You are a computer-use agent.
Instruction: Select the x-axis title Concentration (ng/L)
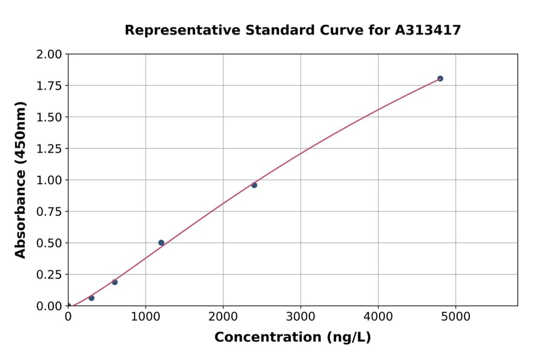tap(292, 337)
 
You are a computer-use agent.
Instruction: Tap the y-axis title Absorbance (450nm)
tap(21, 180)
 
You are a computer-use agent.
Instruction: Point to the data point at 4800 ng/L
tap(440, 79)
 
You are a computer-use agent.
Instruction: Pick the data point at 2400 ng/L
tap(254, 185)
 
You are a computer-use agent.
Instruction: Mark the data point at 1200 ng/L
tap(161, 242)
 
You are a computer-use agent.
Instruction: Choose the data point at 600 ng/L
tap(114, 282)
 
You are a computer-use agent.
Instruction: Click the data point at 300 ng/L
tap(91, 298)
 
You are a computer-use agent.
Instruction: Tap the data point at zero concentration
tap(68, 305)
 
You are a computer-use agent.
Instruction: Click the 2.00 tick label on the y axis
tap(50, 55)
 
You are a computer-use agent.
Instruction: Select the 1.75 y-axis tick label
tap(50, 86)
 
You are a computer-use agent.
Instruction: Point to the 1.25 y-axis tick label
tap(50, 149)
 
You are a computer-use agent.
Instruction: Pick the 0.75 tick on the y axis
tap(50, 212)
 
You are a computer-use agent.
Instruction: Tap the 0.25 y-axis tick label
tap(50, 275)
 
